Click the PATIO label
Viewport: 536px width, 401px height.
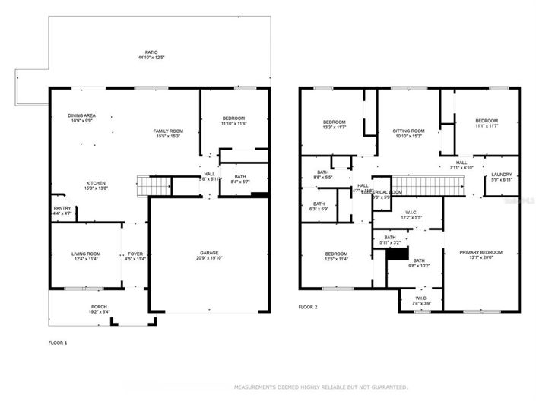point(153,52)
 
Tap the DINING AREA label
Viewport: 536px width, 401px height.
point(81,116)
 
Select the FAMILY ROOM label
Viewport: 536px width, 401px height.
point(168,131)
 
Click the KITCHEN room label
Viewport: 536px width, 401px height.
point(96,183)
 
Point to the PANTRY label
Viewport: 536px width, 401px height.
point(62,208)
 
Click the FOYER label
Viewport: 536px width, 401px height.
point(135,254)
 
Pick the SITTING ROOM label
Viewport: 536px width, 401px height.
point(408,131)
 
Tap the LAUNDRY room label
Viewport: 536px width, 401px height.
point(502,174)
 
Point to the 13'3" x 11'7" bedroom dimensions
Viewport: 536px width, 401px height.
point(335,128)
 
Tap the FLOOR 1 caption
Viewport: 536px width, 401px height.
point(58,343)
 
